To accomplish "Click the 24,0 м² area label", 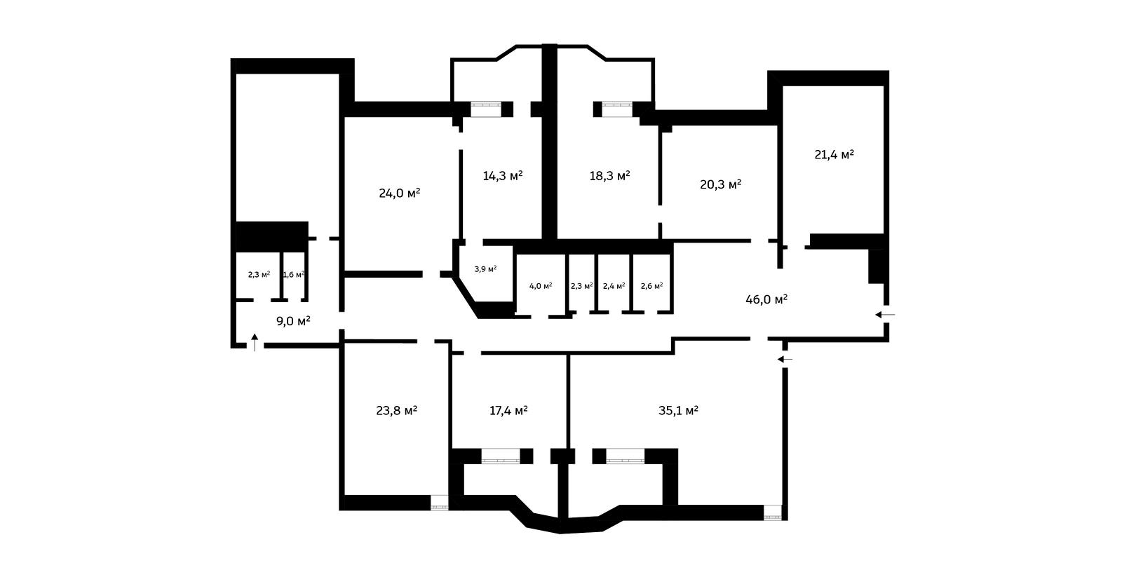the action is pyautogui.click(x=399, y=194).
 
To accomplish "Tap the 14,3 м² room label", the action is pyautogui.click(x=502, y=176).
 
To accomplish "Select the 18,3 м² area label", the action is pyautogui.click(x=609, y=176).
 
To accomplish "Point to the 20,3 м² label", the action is pyautogui.click(x=720, y=185).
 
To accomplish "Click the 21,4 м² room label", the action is pyautogui.click(x=834, y=155).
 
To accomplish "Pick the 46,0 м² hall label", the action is pyautogui.click(x=766, y=300).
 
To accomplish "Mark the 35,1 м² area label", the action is pyautogui.click(x=678, y=412).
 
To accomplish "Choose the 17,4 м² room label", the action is pyautogui.click(x=508, y=412).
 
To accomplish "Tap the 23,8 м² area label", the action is pyautogui.click(x=397, y=412).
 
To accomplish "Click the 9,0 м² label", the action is pyautogui.click(x=294, y=321).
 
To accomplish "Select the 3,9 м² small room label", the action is pyautogui.click(x=485, y=269).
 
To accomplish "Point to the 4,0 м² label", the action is pyautogui.click(x=541, y=286).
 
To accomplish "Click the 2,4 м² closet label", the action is pyautogui.click(x=614, y=286).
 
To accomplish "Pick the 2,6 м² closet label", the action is pyautogui.click(x=651, y=286).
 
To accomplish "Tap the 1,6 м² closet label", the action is pyautogui.click(x=294, y=274).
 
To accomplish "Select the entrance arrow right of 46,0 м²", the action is pyautogui.click(x=885, y=315).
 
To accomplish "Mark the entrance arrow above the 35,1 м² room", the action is pyautogui.click(x=785, y=359).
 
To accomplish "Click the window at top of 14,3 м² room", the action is pyautogui.click(x=486, y=109).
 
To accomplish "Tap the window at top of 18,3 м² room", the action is pyautogui.click(x=617, y=109).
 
